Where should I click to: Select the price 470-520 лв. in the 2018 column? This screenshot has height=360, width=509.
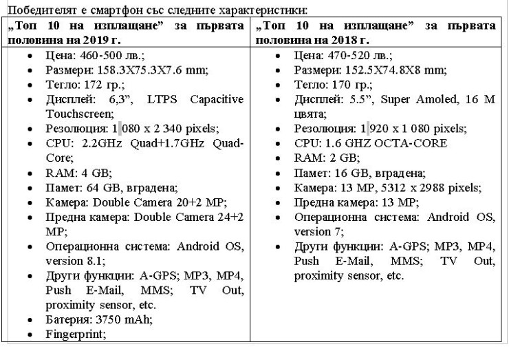(344, 57)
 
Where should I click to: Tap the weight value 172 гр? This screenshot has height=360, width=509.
(91, 85)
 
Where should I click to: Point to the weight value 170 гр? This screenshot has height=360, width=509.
(340, 85)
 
